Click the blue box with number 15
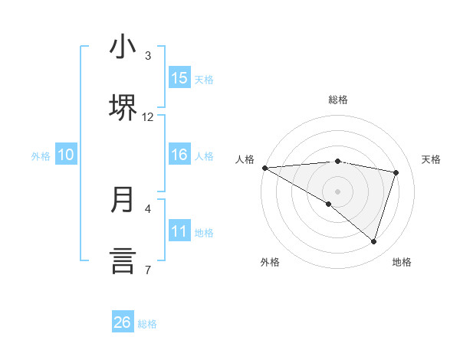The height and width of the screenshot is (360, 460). (x=179, y=78)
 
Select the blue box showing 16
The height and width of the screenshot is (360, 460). (x=179, y=155)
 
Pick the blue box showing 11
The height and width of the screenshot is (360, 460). (x=179, y=231)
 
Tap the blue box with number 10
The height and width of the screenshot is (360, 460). (x=66, y=155)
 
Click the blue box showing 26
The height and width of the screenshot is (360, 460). (x=123, y=322)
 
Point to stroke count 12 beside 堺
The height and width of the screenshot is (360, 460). (x=148, y=117)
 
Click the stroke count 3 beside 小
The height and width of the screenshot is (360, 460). (x=148, y=56)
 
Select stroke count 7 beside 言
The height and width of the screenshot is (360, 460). (x=148, y=270)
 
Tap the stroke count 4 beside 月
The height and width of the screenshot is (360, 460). (x=148, y=208)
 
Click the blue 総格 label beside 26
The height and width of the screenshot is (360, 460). (x=147, y=324)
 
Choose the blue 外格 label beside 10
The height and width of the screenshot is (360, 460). (x=41, y=156)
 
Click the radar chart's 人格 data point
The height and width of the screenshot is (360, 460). (x=264, y=167)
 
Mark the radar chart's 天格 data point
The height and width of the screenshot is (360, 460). (x=396, y=172)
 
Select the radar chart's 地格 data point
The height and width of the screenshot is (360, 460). (x=373, y=241)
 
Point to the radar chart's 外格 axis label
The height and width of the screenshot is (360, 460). (x=270, y=262)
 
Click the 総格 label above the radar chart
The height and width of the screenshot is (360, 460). (x=338, y=100)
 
